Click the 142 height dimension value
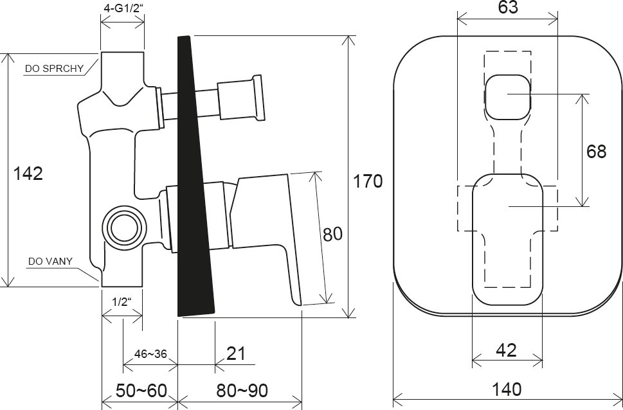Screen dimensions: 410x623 click(28, 173)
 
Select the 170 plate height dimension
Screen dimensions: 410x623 click(368, 181)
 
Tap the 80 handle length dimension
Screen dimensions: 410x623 click(332, 235)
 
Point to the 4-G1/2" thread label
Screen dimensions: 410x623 click(123, 9)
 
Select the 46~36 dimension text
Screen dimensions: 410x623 click(150, 354)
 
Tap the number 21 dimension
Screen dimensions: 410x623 click(236, 354)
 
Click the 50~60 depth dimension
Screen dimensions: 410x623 click(140, 389)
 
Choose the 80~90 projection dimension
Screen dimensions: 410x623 click(242, 389)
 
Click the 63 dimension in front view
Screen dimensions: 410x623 click(507, 8)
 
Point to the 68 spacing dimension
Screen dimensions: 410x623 click(596, 152)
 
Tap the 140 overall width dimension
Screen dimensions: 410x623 click(508, 389)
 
